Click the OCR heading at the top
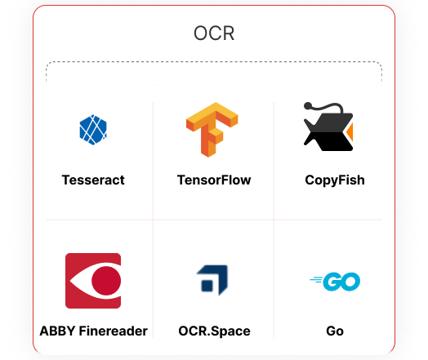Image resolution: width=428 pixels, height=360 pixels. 214,33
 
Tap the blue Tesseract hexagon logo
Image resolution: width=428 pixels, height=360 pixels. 93,130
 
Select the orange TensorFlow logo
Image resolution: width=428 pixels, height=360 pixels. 212,130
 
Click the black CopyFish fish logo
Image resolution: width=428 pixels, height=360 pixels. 328,127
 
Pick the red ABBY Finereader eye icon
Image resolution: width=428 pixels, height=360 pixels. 93,281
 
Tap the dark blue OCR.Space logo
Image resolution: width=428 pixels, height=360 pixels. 212,280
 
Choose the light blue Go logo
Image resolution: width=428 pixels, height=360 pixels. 335,282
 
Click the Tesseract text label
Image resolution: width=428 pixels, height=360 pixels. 93,180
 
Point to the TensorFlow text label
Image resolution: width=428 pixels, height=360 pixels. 214,180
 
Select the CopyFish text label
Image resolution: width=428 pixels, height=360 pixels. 335,180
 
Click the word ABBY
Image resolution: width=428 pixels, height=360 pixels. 57,331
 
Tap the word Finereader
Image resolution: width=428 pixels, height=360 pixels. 114,331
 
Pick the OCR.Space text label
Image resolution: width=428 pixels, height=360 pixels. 214,331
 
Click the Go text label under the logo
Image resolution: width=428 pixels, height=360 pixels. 335,331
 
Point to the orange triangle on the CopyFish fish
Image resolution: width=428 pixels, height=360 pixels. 350,132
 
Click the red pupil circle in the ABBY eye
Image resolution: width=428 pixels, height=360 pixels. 106,281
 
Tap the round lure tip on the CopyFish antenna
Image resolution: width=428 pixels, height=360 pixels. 308,105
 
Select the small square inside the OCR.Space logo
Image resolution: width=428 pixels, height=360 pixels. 207,286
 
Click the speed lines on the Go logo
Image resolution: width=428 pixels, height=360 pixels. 316,280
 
